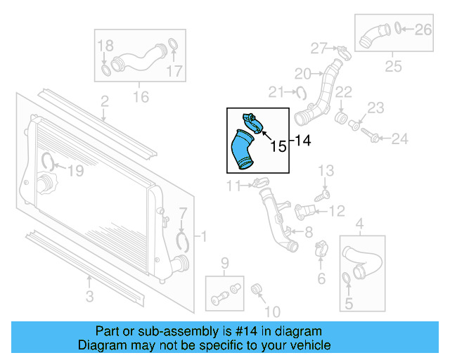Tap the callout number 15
point(278,146)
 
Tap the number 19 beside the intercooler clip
point(75,169)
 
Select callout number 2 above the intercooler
point(104,103)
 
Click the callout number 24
point(399,139)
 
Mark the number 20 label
point(302,73)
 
